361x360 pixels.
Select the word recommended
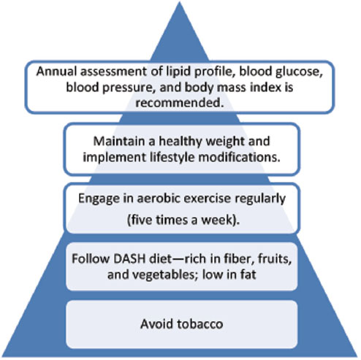tap(180, 103)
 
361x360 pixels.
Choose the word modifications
tap(240, 157)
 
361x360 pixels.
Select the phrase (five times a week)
tap(183, 221)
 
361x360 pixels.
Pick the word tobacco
tap(199, 324)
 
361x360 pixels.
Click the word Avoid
tap(156, 324)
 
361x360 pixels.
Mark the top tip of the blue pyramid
tap(180, 1)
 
